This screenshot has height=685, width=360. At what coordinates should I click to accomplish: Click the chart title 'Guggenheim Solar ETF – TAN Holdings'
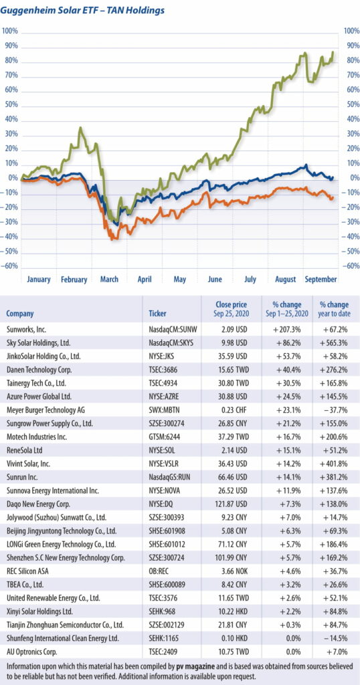pyautogui.click(x=83, y=11)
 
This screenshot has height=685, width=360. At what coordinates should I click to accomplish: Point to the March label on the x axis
pyautogui.click(x=109, y=280)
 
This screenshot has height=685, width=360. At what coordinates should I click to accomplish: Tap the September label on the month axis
pyautogui.click(x=321, y=280)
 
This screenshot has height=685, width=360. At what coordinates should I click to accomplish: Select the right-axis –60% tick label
pyautogui.click(x=350, y=265)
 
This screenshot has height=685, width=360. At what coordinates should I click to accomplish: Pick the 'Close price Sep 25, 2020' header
pyautogui.click(x=231, y=309)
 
